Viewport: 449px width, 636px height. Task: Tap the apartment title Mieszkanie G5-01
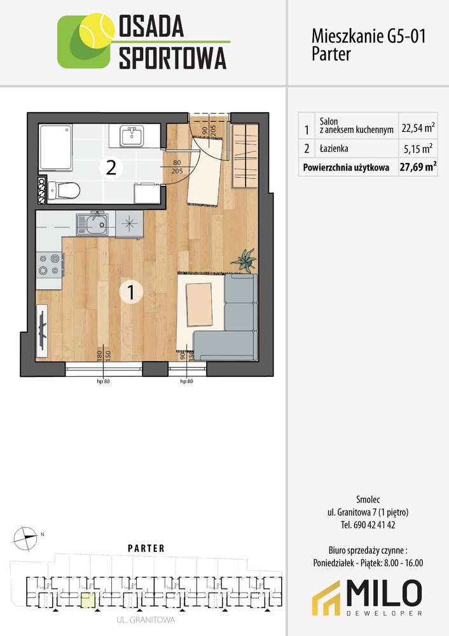(x=368, y=36)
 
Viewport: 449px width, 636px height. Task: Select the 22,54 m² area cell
(x=418, y=128)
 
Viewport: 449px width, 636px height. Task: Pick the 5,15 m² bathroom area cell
(x=418, y=149)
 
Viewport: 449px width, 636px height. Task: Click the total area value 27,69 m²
(x=418, y=167)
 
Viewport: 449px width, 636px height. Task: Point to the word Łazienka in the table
(x=333, y=148)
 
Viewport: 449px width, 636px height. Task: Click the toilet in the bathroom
(x=64, y=190)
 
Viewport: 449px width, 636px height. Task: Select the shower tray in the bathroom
(x=55, y=148)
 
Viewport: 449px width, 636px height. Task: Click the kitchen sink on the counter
(x=92, y=224)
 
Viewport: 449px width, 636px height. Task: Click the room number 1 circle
(x=130, y=292)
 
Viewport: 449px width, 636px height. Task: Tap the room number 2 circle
(x=111, y=167)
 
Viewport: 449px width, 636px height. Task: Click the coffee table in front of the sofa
(x=199, y=304)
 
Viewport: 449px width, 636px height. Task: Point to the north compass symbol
(x=25, y=538)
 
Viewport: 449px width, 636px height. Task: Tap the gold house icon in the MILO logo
(x=327, y=598)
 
